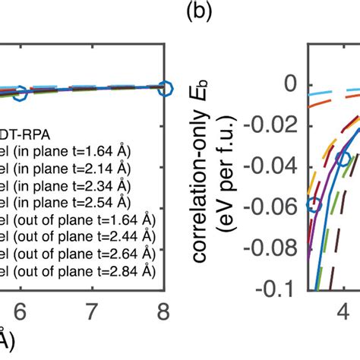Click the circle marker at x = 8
click(x=163, y=89)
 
